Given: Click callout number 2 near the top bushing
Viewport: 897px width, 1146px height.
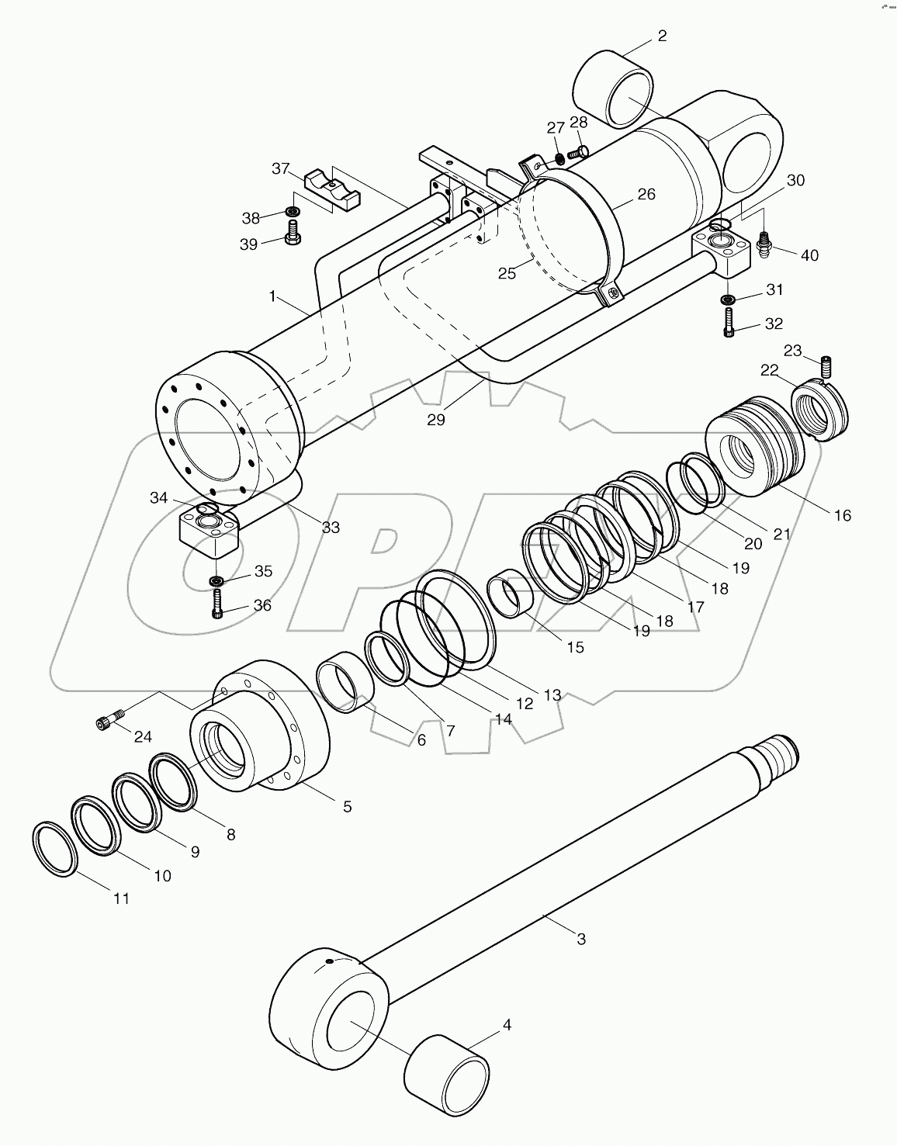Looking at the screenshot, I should tap(661, 36).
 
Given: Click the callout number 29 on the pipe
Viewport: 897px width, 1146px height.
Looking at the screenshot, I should tap(436, 420).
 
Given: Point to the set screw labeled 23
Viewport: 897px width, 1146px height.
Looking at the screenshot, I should tap(826, 363).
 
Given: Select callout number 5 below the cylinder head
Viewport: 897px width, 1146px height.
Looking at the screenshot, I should tap(347, 806).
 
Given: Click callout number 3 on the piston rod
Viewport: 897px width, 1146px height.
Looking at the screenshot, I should tap(580, 939).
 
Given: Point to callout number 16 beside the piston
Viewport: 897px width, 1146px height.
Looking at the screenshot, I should tap(841, 514).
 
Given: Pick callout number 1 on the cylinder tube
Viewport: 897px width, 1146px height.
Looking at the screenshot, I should tap(272, 296).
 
